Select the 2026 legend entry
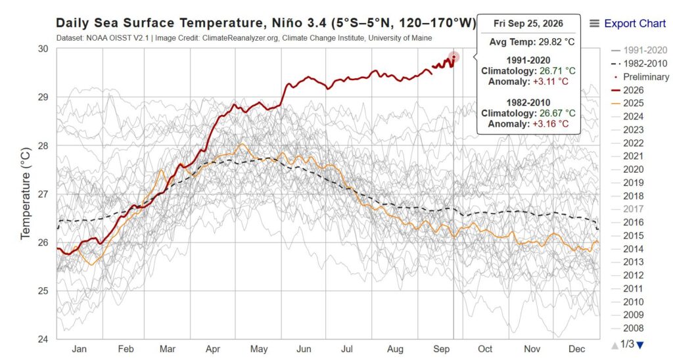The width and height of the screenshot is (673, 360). pos(627,90)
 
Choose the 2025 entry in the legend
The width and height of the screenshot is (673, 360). pos(627,103)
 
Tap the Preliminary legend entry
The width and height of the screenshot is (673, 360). pos(639,77)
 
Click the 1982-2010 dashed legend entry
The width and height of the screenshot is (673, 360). pos(639,64)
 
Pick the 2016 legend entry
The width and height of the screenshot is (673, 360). pos(627,222)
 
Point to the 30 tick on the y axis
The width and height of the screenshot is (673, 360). pos(43,49)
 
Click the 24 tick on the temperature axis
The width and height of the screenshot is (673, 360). pos(43,339)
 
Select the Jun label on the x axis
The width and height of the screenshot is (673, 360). pos(304,349)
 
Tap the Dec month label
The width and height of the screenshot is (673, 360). pos(576,349)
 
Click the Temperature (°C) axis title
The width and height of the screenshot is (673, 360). pos(26,194)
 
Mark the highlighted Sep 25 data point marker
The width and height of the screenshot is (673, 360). pos(453,57)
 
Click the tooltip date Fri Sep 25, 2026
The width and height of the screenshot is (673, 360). pos(528,24)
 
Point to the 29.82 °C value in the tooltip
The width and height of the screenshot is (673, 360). pos(556,42)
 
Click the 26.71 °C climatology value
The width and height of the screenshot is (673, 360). pos(557,71)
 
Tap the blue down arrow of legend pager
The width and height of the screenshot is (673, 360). pos(640,345)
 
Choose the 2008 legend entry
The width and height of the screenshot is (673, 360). pos(627,328)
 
